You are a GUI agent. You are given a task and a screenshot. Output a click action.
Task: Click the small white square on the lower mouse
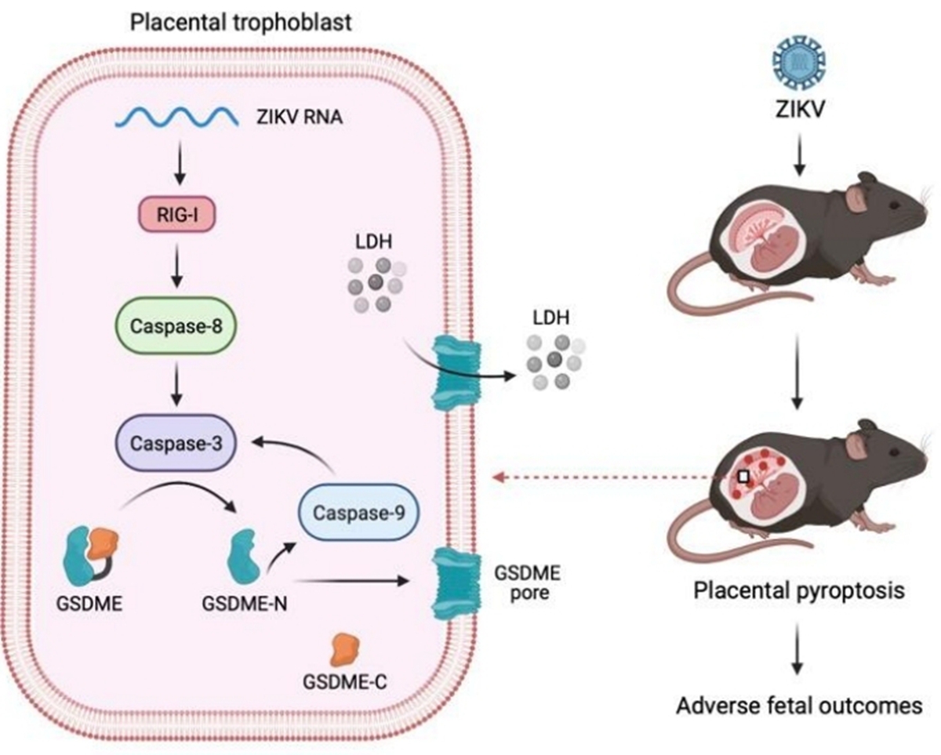click(744, 476)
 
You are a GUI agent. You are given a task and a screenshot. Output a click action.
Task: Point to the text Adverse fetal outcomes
click(798, 705)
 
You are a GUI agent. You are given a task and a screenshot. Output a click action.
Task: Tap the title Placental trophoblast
click(241, 21)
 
